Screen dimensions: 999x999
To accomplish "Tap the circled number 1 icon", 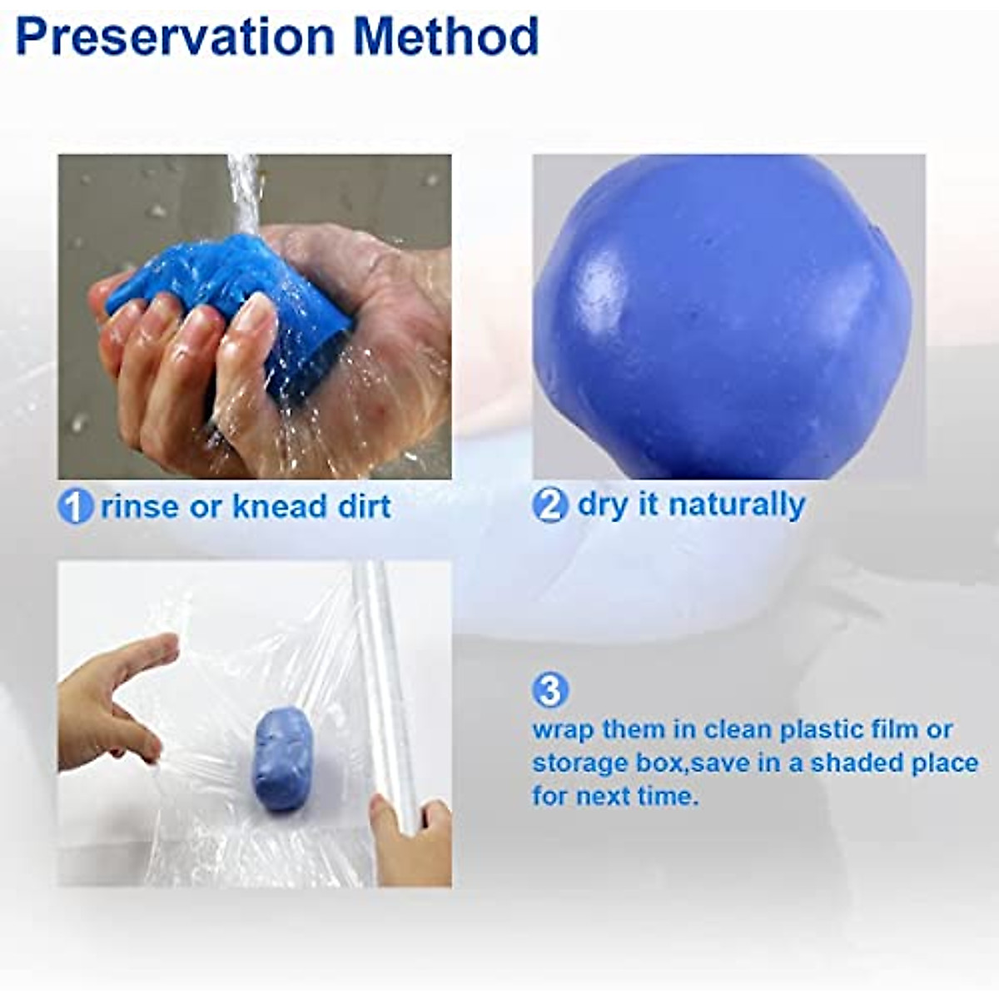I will (x=75, y=507).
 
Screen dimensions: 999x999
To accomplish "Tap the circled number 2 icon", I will (x=549, y=505).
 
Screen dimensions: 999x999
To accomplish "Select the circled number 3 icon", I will (x=549, y=690).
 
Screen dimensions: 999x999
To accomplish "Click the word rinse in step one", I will (x=139, y=507).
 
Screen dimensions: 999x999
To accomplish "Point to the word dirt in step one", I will (x=364, y=507).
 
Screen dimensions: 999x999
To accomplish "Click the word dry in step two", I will (x=602, y=505).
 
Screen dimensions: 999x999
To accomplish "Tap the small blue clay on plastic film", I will (x=282, y=758).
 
